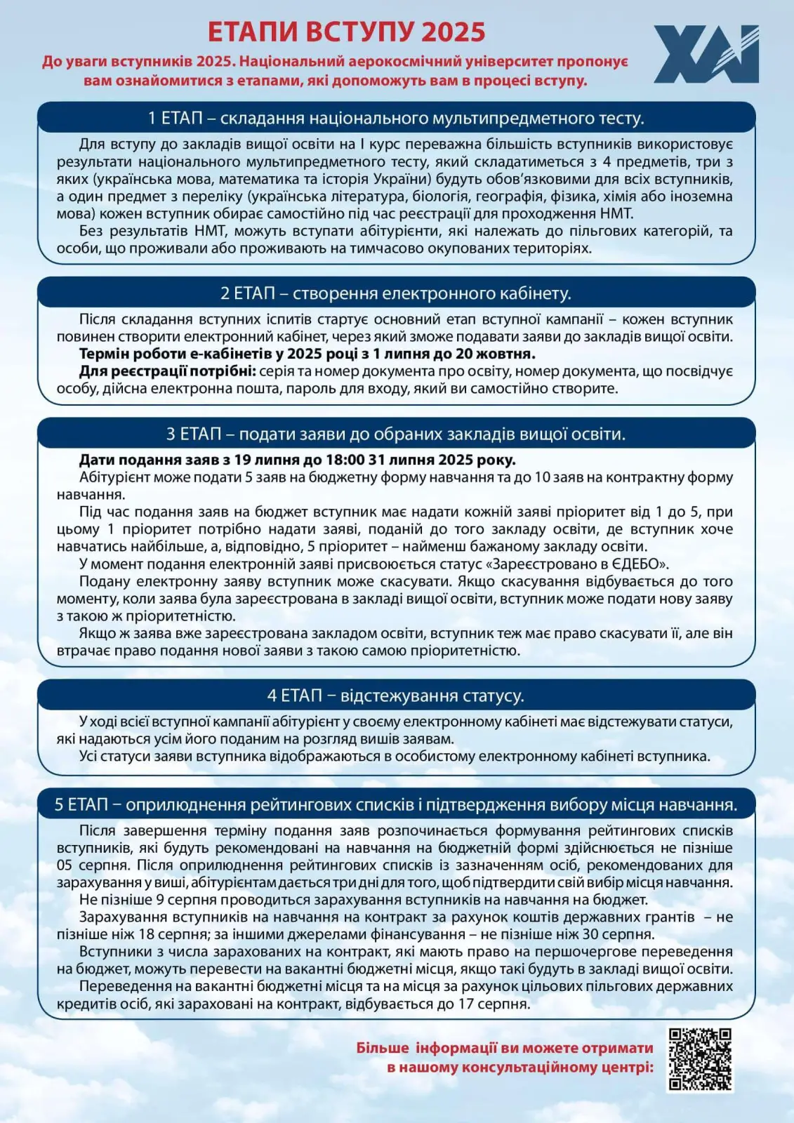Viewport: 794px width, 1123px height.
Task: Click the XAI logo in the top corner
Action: [706, 54]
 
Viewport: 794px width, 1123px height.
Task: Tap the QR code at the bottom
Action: [699, 1060]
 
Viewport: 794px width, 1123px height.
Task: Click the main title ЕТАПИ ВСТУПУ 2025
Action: [347, 32]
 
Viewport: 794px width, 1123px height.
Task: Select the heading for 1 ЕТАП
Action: [396, 118]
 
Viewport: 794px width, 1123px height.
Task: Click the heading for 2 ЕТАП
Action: [396, 293]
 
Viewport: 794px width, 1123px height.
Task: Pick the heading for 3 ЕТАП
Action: [396, 434]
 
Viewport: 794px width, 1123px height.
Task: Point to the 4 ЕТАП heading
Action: [396, 696]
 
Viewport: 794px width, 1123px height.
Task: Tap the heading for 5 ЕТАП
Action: [396, 804]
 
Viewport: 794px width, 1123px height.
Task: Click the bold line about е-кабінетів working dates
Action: [307, 354]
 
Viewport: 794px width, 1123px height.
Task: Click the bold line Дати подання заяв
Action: [297, 460]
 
